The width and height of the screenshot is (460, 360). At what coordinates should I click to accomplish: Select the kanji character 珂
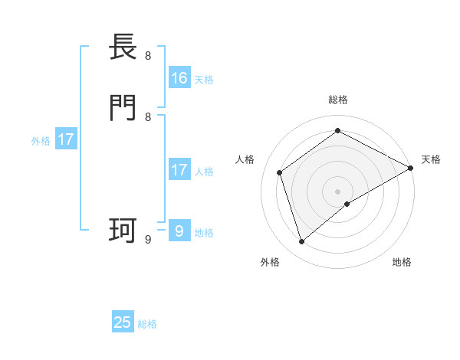(123, 230)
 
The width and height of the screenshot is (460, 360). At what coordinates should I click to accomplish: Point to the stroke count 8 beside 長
(148, 56)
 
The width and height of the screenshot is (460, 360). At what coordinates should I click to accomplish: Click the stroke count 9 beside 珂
(148, 239)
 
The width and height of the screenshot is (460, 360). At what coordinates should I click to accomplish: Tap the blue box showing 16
(179, 78)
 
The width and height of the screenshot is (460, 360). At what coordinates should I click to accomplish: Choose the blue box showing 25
(123, 322)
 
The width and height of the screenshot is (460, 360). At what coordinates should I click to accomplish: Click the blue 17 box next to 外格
(65, 139)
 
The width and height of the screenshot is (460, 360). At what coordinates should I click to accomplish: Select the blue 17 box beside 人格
(179, 170)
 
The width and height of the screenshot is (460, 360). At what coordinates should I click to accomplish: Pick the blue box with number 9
(179, 231)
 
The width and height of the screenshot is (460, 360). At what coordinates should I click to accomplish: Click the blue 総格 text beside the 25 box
(147, 324)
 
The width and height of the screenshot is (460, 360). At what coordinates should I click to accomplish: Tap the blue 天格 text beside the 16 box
(204, 80)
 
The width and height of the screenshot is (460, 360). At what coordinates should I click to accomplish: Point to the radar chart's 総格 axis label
(338, 100)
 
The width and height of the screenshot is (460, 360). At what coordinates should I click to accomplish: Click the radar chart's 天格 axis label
(431, 159)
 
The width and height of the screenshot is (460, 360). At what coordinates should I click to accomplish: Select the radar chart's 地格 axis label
(402, 263)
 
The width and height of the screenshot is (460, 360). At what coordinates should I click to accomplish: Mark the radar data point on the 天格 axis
(411, 169)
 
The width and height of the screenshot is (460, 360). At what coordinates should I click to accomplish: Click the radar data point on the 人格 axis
(280, 172)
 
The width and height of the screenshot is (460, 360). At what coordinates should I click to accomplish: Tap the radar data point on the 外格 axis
(302, 242)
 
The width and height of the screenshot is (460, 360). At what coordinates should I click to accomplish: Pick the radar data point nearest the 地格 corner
(347, 204)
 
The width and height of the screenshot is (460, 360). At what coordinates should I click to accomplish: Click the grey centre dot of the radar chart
(338, 191)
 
